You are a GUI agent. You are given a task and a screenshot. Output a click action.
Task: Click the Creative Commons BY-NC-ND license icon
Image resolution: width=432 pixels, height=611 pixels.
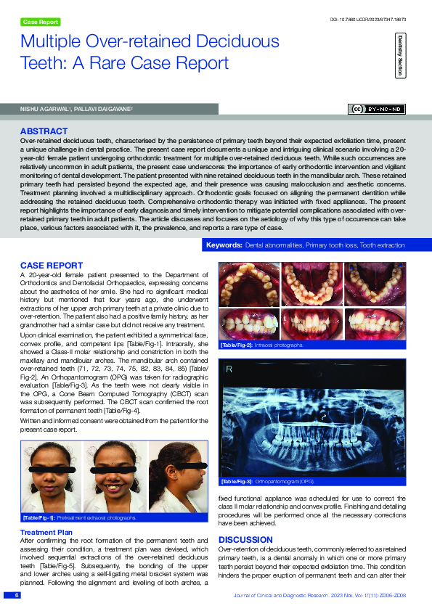(x=378, y=110)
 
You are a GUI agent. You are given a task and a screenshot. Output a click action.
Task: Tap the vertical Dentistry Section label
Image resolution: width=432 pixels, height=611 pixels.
(x=400, y=54)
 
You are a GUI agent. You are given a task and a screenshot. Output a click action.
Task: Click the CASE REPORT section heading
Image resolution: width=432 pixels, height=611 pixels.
(x=52, y=265)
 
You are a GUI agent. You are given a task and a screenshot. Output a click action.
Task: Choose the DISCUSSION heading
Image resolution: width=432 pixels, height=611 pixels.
(x=245, y=540)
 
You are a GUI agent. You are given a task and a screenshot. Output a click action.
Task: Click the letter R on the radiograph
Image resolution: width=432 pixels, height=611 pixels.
(x=229, y=369)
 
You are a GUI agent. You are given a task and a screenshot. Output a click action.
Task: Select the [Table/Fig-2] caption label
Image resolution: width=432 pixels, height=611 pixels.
(x=235, y=345)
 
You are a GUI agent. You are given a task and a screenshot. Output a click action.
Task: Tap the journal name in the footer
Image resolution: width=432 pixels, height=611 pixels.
(x=284, y=595)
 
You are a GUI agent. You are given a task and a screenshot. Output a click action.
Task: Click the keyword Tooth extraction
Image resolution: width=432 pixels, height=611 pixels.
(x=383, y=246)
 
